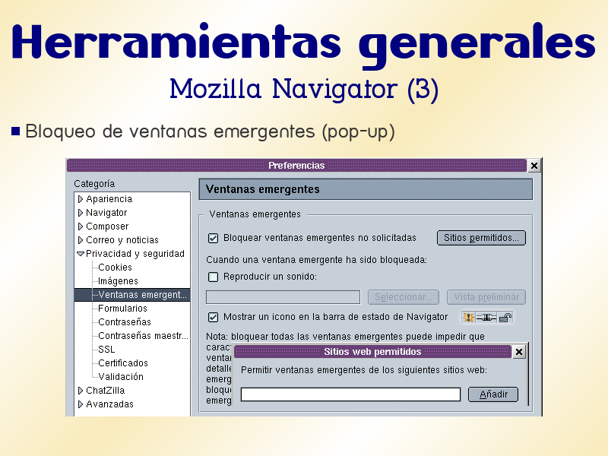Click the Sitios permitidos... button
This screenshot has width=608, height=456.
(x=481, y=238)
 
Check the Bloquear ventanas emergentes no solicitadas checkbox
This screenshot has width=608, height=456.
(x=214, y=238)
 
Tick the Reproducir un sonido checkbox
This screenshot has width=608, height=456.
(x=214, y=277)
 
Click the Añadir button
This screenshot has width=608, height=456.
(x=493, y=394)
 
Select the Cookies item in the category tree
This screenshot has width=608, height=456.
(x=115, y=268)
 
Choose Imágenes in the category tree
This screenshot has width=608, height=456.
(x=118, y=281)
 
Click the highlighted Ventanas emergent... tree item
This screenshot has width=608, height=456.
(x=143, y=295)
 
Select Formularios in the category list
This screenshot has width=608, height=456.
(x=122, y=309)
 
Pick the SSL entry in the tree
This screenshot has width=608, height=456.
(x=106, y=350)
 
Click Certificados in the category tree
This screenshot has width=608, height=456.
(x=123, y=363)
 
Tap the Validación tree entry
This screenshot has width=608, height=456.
(x=120, y=377)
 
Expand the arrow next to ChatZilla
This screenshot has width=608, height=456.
(x=80, y=391)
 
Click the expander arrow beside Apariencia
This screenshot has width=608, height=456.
(x=80, y=199)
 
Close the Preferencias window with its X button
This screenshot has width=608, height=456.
(x=534, y=166)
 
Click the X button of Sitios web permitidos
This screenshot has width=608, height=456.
(x=519, y=352)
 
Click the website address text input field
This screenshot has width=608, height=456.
(x=350, y=394)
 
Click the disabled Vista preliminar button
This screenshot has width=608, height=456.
(x=486, y=297)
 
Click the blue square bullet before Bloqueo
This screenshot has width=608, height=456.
(x=16, y=131)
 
